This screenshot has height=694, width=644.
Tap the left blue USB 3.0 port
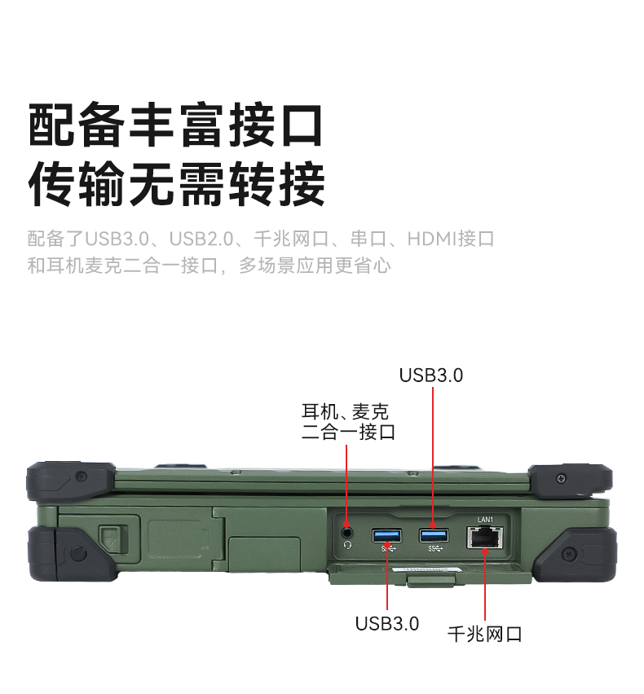[x=386, y=535]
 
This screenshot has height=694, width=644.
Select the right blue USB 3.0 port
[x=434, y=535]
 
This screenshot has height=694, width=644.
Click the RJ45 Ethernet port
[x=485, y=538]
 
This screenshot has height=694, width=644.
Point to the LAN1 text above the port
[x=485, y=519]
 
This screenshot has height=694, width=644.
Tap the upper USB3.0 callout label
[x=431, y=376]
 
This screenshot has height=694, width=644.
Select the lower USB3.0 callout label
[x=387, y=624]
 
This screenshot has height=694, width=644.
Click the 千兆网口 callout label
[x=485, y=635]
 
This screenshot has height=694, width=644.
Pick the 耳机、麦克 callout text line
[x=345, y=412]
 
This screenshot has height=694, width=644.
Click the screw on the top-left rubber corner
[x=81, y=477]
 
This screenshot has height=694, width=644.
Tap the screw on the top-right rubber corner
[x=561, y=478]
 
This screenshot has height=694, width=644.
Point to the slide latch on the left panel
[x=112, y=539]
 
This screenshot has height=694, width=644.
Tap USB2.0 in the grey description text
[x=201, y=239]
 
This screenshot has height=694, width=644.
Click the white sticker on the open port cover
[x=426, y=569]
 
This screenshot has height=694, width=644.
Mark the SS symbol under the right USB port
[x=435, y=549]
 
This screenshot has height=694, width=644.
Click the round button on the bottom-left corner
[x=78, y=554]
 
